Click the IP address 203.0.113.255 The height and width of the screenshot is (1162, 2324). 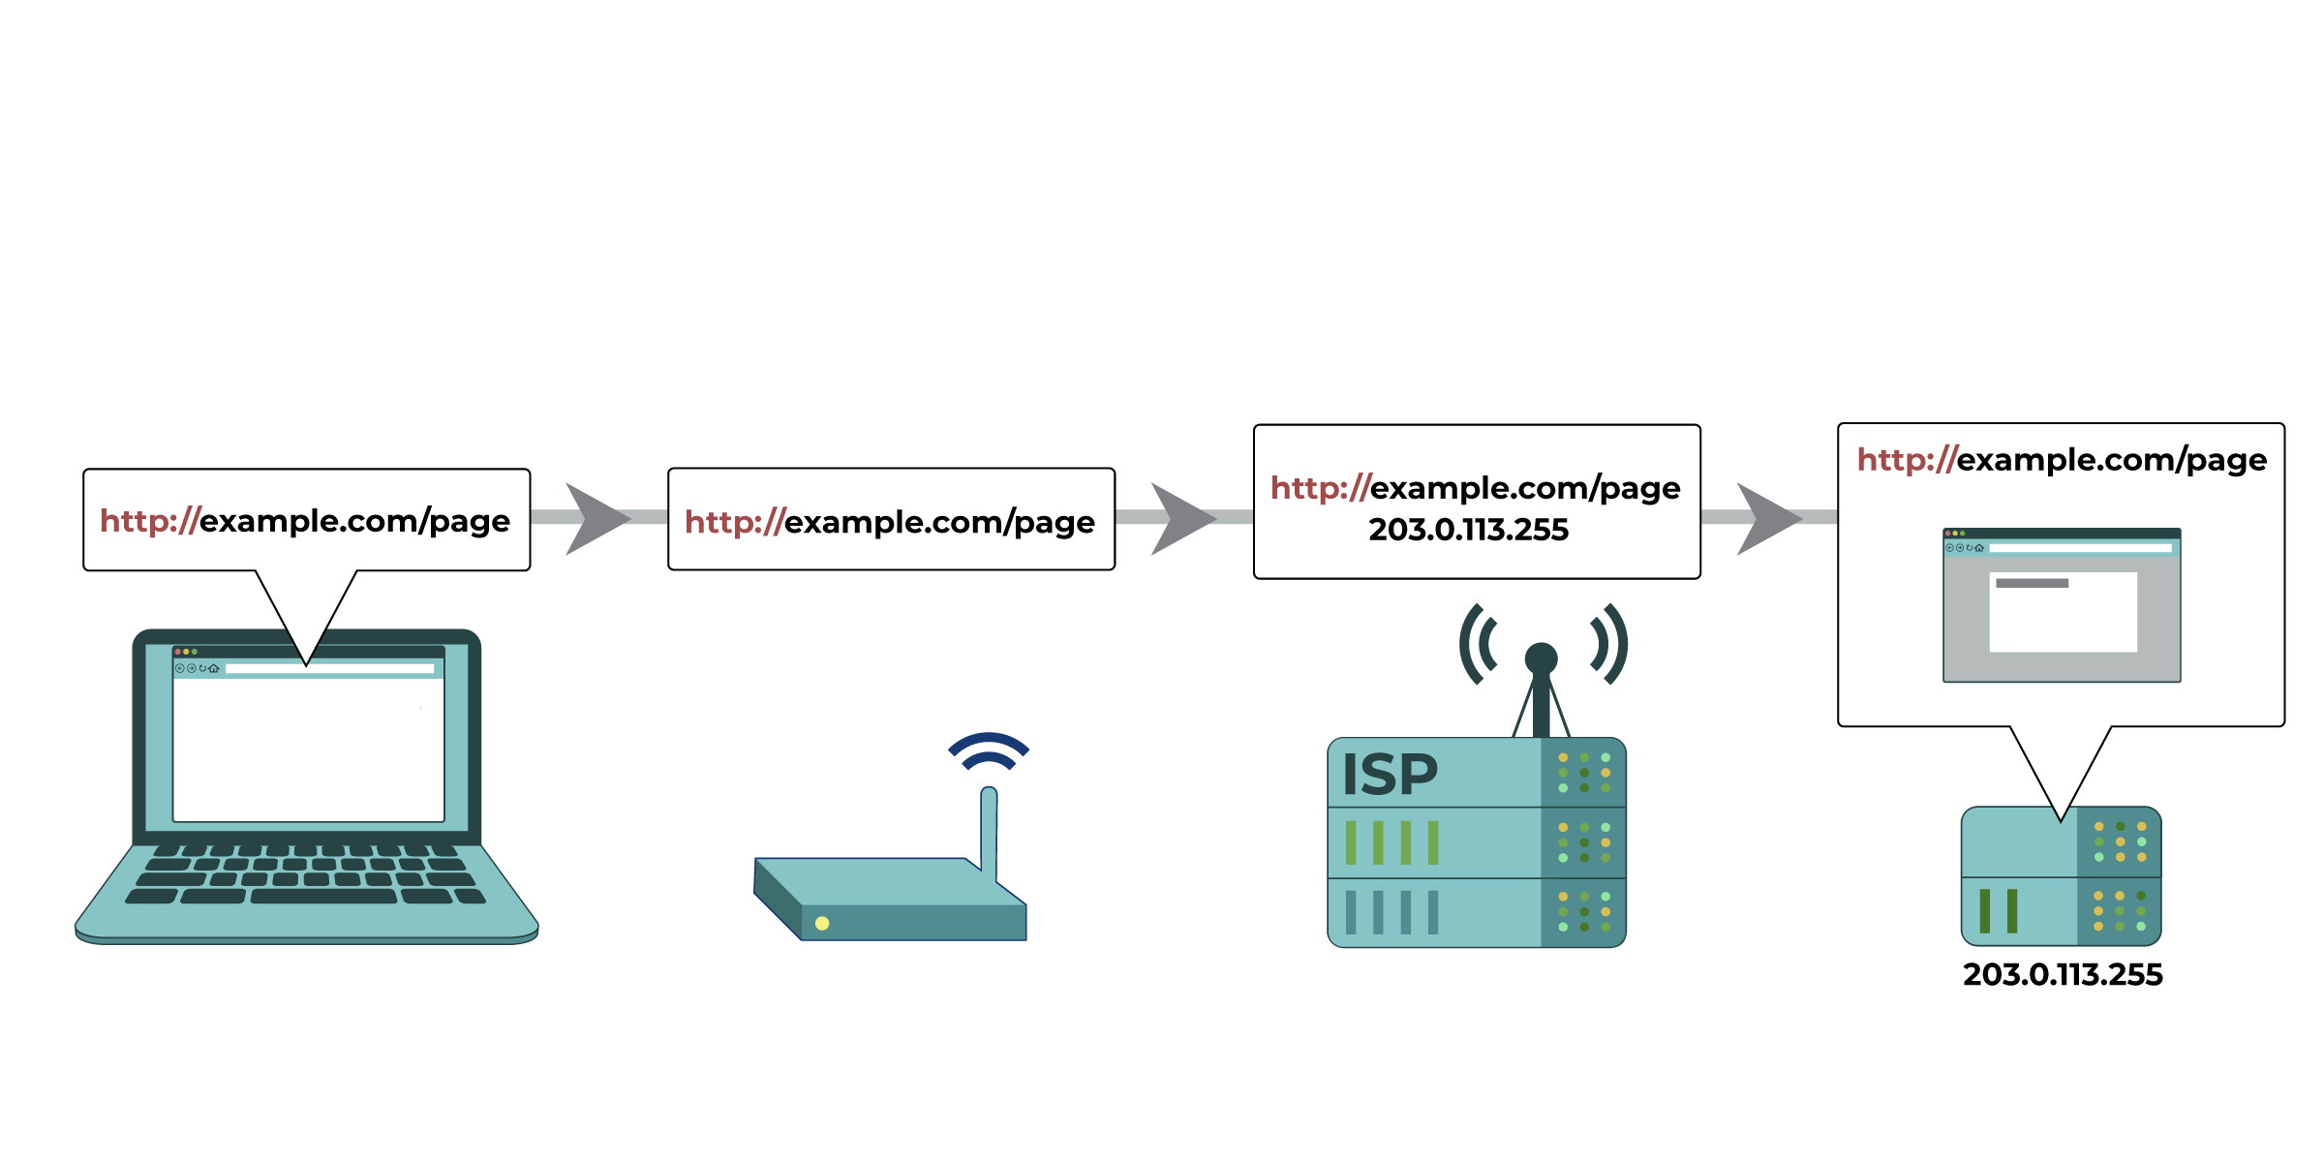point(1468,530)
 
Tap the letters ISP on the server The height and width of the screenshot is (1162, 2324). point(1389,775)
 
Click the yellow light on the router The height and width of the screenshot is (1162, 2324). point(822,923)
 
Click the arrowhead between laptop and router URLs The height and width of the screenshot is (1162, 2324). point(594,518)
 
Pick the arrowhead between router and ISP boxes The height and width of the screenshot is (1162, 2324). point(1178,518)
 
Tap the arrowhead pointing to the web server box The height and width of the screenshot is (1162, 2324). point(1764,518)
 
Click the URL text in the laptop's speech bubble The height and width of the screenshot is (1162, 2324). point(305,521)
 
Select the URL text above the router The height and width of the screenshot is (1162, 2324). point(890,522)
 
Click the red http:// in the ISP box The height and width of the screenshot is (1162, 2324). point(1319,488)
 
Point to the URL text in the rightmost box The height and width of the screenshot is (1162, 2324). point(2062,459)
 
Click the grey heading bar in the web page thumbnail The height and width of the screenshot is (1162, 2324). point(2032,583)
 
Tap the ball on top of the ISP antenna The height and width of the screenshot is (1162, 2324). point(1541,658)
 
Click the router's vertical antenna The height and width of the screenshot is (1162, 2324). point(989,833)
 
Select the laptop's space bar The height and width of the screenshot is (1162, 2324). point(323,897)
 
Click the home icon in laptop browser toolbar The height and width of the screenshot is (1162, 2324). point(214,668)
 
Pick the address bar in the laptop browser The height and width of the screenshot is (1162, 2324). point(329,668)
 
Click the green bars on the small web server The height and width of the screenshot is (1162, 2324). point(1998,911)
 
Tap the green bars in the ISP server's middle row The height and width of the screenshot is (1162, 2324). point(1391,842)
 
